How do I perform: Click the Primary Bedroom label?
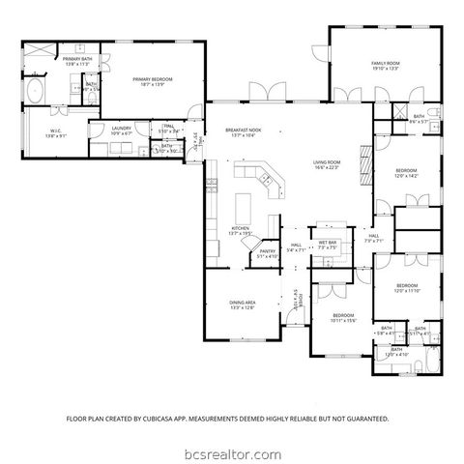[x=154, y=80]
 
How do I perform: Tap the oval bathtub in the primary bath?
[x=35, y=92]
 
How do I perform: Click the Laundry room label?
[x=121, y=128]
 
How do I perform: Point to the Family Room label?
[x=386, y=64]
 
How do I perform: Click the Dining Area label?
[x=242, y=304]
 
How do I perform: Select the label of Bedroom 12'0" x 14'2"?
[x=404, y=174]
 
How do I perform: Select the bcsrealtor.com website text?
[x=232, y=452]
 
